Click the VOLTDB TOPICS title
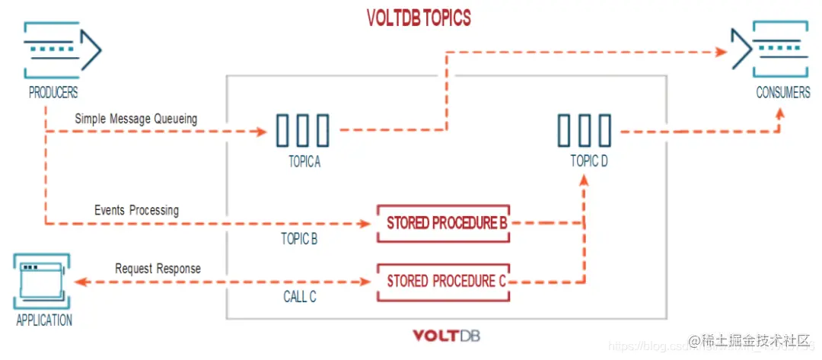tap(419, 18)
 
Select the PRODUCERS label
tap(53, 93)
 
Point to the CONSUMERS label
tap(782, 93)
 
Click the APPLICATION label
tap(44, 320)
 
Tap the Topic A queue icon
tap(303, 130)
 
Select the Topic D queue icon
tap(584, 130)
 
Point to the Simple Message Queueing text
tap(135, 119)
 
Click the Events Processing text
tap(136, 210)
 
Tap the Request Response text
tap(158, 269)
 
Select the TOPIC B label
tap(299, 238)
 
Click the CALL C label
tap(299, 297)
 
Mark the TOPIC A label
tap(304, 161)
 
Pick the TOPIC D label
tap(589, 161)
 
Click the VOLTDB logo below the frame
tap(446, 335)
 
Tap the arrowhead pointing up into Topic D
tap(584, 179)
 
